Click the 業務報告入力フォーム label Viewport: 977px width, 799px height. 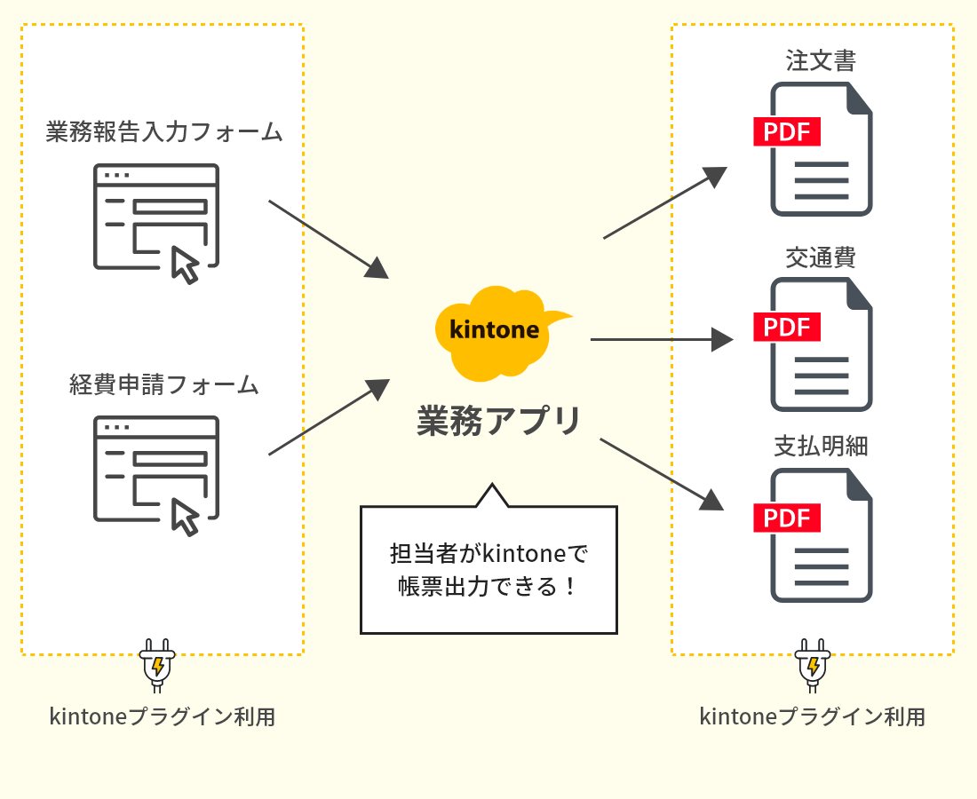point(163,132)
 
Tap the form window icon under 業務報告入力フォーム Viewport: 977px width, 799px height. point(156,218)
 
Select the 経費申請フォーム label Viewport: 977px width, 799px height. point(163,384)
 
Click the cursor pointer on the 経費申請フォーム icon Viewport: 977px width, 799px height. point(185,517)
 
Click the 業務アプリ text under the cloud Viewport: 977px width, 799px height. point(499,421)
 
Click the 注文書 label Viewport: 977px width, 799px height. point(820,60)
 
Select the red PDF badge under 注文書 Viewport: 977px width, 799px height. point(786,131)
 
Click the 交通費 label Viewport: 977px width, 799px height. point(820,257)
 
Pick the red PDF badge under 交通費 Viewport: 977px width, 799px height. point(786,327)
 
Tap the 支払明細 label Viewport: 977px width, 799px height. point(820,446)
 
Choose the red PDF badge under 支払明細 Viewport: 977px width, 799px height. point(786,518)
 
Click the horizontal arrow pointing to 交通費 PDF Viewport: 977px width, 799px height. point(661,339)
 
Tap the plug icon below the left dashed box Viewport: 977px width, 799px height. point(157,664)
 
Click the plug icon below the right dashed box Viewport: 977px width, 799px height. point(812,664)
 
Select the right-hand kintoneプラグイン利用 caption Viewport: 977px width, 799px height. point(812,716)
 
